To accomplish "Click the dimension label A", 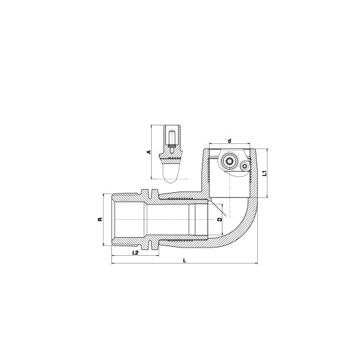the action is pyautogui.click(x=149, y=152).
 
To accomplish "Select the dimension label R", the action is pyautogui.click(x=100, y=219).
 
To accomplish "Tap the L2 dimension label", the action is pyautogui.click(x=136, y=253).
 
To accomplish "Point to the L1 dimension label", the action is pyautogui.click(x=265, y=173).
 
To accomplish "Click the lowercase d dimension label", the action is pyautogui.click(x=230, y=141).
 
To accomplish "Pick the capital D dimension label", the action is pyautogui.click(x=220, y=219).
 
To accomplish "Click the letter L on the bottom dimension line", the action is pyautogui.click(x=184, y=260).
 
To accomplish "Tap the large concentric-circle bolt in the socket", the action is pyautogui.click(x=228, y=161).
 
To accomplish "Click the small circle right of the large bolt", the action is pyautogui.click(x=245, y=166).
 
